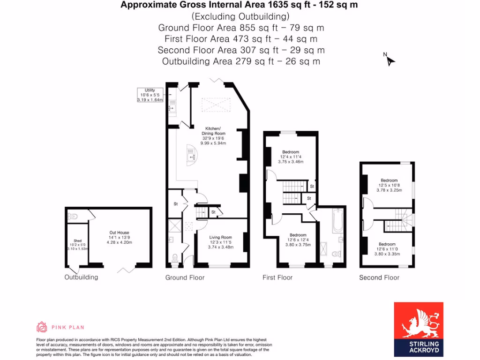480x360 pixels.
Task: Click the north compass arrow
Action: pos(390,60)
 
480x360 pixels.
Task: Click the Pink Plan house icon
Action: pos(42,327)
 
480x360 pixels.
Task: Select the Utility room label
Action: pos(150,95)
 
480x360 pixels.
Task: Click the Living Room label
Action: pos(220,242)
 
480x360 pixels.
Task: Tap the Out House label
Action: pos(119,237)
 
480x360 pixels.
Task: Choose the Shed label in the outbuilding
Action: pos(77,245)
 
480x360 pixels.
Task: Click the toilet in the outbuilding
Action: pos(73,217)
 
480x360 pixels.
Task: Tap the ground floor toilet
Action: pos(175,257)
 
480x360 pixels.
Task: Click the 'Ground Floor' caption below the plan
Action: pos(185,277)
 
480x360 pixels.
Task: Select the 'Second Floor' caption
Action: pos(379,277)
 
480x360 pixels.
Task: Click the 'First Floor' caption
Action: pos(277,277)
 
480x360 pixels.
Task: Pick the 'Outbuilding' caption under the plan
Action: pos(81,277)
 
